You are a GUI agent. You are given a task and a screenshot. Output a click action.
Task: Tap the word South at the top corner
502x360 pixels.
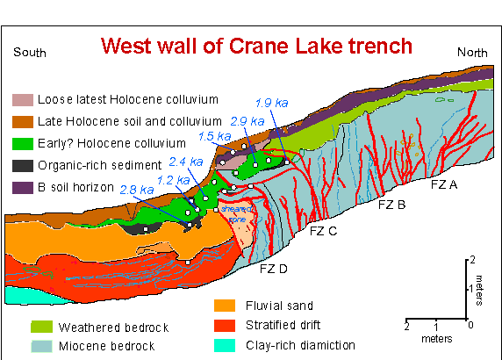point(30,53)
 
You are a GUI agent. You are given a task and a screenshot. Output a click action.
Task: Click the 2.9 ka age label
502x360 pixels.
point(243,120)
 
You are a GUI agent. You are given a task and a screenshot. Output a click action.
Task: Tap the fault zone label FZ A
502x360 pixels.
point(444,185)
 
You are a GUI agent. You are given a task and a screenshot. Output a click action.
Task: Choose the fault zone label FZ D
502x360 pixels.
point(274,269)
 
